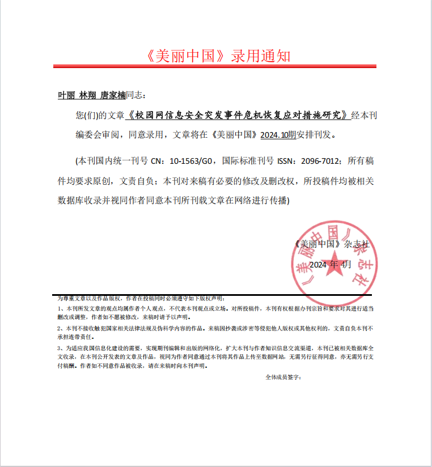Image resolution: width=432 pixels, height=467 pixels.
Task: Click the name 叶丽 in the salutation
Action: [x=66, y=95]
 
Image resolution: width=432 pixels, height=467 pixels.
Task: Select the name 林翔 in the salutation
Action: [x=87, y=95]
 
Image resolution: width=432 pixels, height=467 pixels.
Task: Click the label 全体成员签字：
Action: [x=283, y=377]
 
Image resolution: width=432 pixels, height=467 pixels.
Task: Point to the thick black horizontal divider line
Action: [x=215, y=295]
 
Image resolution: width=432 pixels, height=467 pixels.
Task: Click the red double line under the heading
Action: [x=215, y=67]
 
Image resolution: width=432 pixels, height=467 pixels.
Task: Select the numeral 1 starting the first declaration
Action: [x=60, y=308]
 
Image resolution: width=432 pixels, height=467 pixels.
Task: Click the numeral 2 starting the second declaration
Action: [x=60, y=329]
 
